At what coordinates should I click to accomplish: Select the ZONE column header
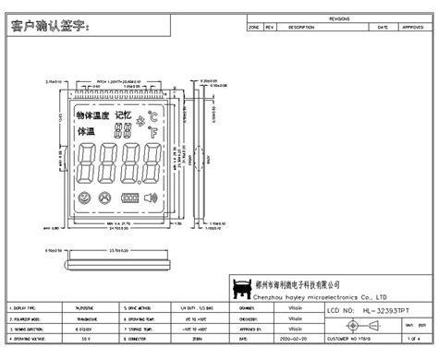pyautogui.click(x=254, y=28)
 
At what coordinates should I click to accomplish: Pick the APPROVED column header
pyautogui.click(x=412, y=28)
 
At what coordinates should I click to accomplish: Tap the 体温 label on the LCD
pyautogui.click(x=86, y=132)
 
